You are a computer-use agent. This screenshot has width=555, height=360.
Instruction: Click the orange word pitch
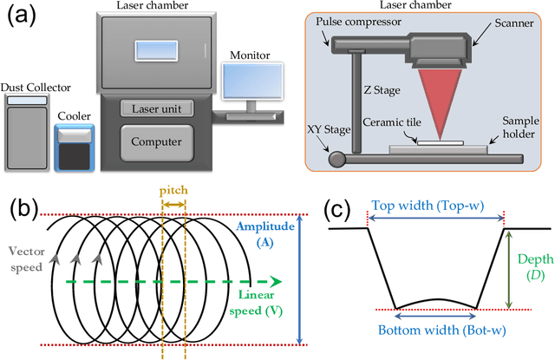(173, 189)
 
